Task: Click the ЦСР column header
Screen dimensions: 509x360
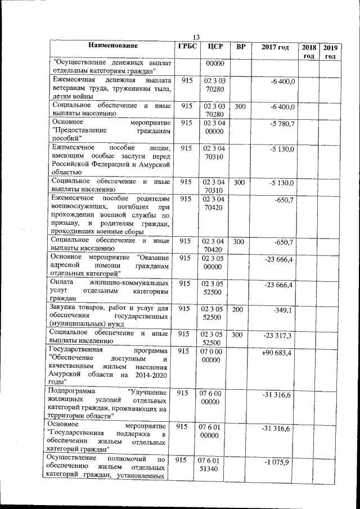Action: coord(215,47)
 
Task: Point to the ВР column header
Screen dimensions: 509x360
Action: coord(240,47)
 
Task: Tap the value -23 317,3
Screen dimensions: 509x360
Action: coord(278,336)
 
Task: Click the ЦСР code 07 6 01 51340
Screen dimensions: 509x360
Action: coord(214,465)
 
